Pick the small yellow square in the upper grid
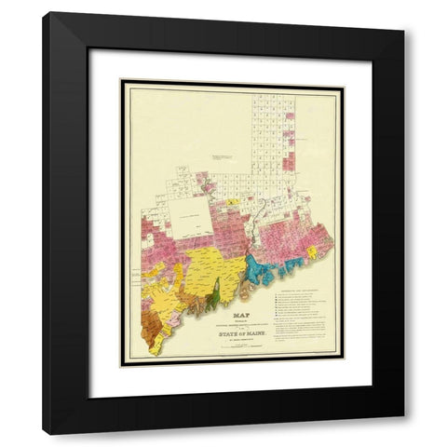pos(228,200)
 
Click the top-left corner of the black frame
pos(45,14)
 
